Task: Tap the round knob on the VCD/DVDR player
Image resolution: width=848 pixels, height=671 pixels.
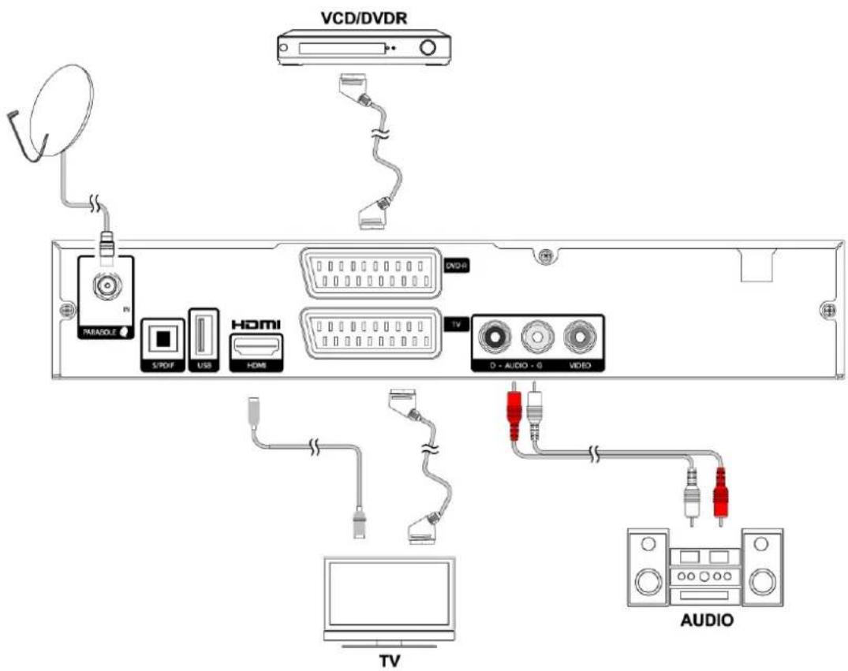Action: [428, 47]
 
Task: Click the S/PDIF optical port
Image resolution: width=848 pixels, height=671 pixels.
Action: [162, 337]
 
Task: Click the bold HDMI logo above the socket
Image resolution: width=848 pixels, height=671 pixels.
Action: [255, 324]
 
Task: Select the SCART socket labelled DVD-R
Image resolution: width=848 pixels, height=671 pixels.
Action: [369, 271]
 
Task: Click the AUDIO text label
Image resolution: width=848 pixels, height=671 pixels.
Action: [707, 620]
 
